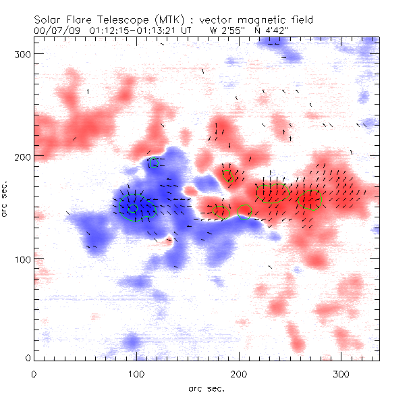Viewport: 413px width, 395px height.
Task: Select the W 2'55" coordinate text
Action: tap(223, 30)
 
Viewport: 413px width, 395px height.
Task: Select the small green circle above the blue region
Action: tap(155, 163)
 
